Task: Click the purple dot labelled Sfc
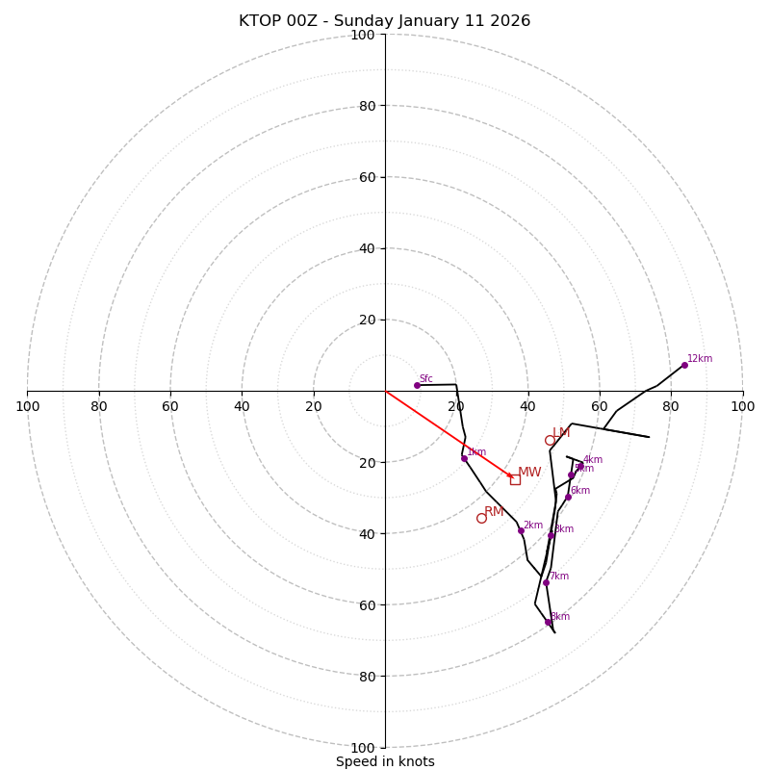(x=417, y=385)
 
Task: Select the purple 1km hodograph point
(x=464, y=458)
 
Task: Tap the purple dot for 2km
(x=521, y=530)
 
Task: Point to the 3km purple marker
(x=552, y=535)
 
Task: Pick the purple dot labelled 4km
(x=580, y=466)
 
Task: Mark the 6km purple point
(x=568, y=497)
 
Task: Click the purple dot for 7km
(x=546, y=582)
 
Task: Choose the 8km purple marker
(x=548, y=622)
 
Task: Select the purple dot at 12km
(x=684, y=365)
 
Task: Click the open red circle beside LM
(x=551, y=441)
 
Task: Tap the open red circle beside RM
(x=481, y=518)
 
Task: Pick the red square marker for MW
(x=515, y=479)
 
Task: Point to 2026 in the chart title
(x=511, y=21)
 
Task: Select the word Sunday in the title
(x=361, y=21)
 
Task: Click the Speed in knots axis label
(x=385, y=761)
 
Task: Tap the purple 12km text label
(x=700, y=359)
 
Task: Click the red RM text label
(x=494, y=512)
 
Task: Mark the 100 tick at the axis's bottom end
(x=362, y=748)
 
